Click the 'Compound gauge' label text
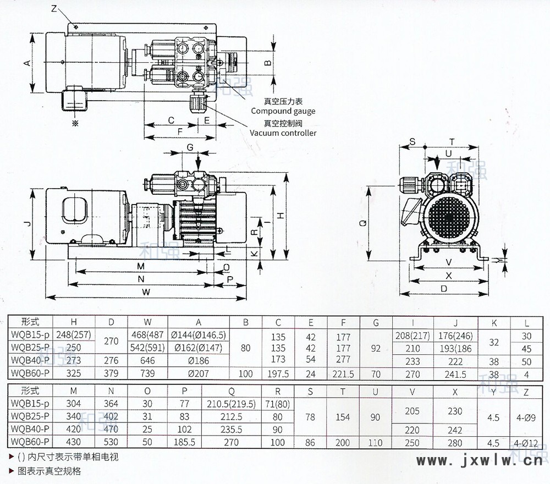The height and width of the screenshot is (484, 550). point(283,111)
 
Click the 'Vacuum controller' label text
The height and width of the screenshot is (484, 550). point(283,133)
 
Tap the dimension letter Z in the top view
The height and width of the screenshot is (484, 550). point(54,9)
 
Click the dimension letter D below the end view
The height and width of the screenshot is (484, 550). point(444,288)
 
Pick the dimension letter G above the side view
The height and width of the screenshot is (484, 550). point(190,147)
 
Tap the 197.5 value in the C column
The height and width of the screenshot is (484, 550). point(278,374)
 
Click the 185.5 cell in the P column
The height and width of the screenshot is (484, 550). point(184,442)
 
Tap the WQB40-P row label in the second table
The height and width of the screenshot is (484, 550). point(30,429)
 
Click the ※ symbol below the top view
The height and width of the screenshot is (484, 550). point(76,124)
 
